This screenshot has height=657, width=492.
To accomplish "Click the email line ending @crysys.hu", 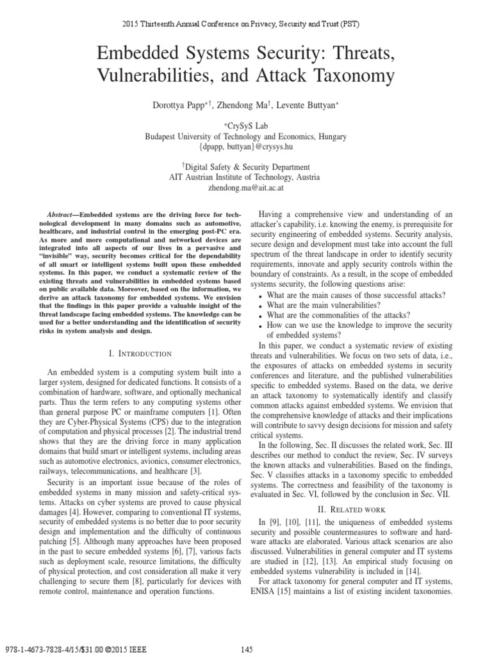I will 246,146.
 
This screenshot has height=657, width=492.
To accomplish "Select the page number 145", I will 246,649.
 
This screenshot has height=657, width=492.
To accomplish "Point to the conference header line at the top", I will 246,24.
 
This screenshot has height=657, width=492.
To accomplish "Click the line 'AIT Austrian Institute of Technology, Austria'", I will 246,178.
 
